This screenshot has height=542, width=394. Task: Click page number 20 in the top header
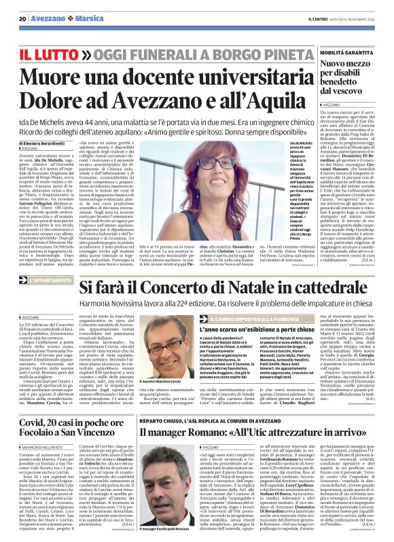22,18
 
